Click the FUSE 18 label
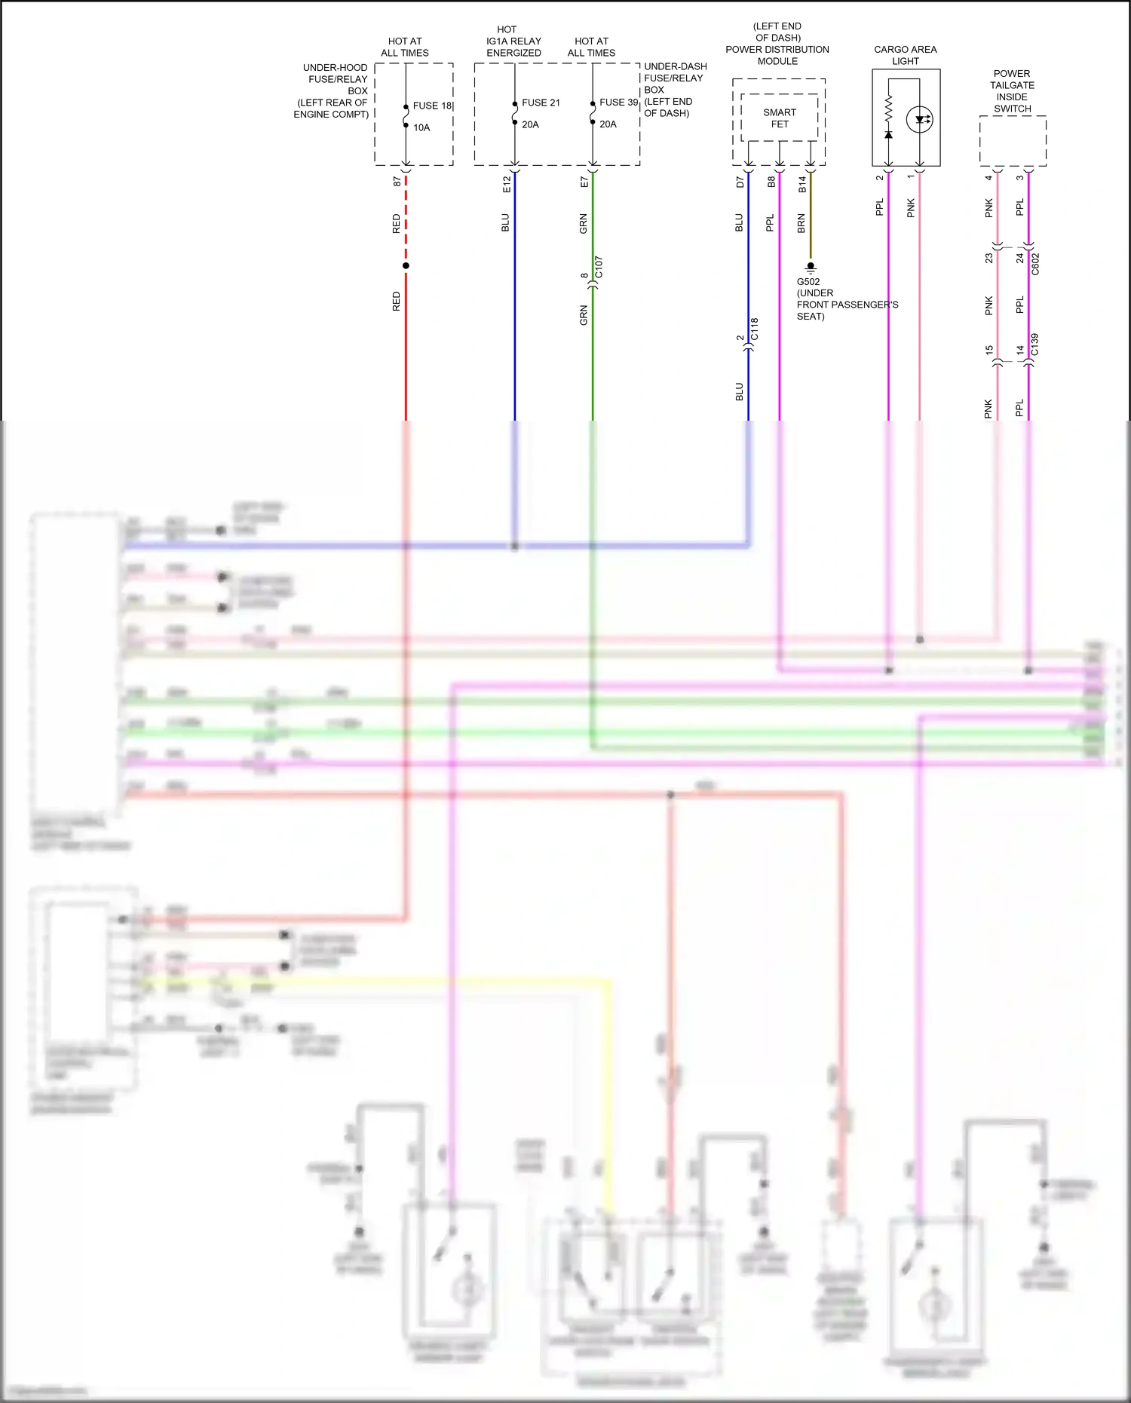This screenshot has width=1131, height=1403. pos(432,106)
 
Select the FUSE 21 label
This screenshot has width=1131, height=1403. pos(541,103)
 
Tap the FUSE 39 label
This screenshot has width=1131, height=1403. pos(618,102)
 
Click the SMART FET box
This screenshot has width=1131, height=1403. pos(779,118)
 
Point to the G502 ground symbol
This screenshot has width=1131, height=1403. pos(811,267)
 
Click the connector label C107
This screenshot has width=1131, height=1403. pos(599,267)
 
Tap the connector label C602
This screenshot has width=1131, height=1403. pos(1035,264)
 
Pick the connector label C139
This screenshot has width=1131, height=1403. pos(1034,345)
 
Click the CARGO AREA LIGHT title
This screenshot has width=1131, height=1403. pos(905,55)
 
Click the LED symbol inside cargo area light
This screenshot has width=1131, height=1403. pos(920,119)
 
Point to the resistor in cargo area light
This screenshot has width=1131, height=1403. pos(888,109)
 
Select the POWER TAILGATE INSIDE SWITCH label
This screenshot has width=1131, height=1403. pos(1012,91)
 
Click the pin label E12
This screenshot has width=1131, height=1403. pos(507,184)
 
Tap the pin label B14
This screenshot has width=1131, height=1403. pos(802,184)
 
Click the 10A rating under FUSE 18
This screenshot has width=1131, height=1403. pos(421,127)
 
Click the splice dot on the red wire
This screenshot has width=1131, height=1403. pos(406,265)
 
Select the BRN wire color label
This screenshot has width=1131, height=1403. pos(801,223)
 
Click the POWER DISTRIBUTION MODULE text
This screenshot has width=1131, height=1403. pos(777,55)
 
